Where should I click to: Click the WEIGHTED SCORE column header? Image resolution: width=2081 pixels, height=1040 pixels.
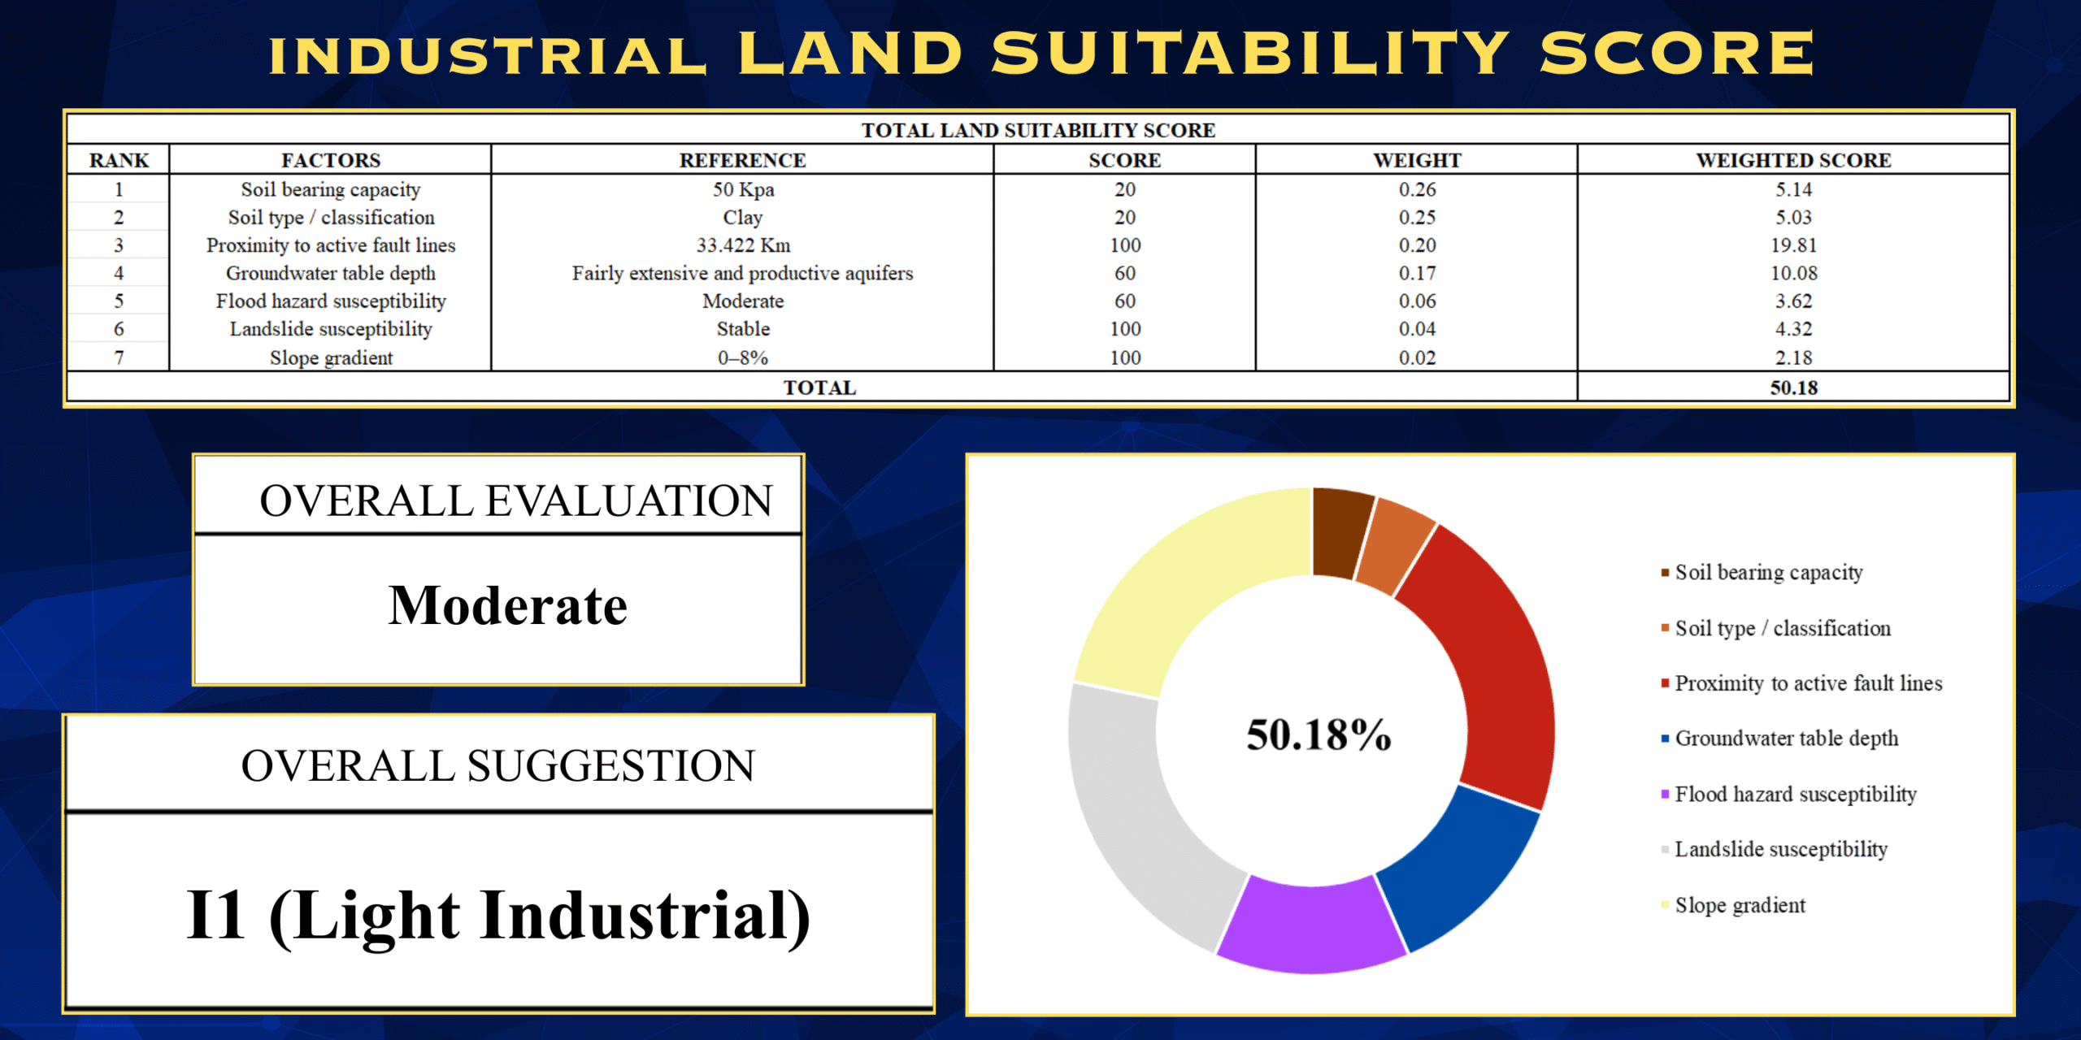click(x=1793, y=160)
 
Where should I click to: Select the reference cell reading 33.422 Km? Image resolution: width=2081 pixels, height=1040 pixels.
click(x=743, y=245)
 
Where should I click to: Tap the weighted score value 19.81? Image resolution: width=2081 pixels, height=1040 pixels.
click(x=1793, y=245)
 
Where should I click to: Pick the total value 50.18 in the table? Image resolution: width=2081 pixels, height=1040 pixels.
click(x=1793, y=388)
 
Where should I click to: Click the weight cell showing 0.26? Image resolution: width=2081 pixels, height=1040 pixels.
click(x=1417, y=189)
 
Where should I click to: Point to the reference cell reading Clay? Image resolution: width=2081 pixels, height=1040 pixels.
click(x=743, y=218)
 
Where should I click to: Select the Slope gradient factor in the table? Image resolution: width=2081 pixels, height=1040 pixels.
click(x=331, y=357)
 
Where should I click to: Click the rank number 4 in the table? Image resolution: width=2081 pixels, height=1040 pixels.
click(x=119, y=273)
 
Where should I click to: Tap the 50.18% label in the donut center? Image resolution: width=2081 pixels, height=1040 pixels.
click(x=1319, y=734)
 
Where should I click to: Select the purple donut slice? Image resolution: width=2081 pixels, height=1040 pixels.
click(x=1310, y=926)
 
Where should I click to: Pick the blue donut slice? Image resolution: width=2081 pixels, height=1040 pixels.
click(x=1455, y=869)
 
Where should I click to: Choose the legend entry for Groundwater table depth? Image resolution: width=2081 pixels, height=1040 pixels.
click(x=1786, y=739)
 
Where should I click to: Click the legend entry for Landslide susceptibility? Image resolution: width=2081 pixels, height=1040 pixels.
click(x=1780, y=849)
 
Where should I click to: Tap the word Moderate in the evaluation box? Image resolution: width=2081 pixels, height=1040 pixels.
click(x=508, y=606)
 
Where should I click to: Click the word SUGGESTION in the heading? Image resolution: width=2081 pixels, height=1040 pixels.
click(x=610, y=766)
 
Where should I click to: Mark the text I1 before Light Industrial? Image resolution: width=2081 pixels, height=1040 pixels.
click(x=215, y=915)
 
